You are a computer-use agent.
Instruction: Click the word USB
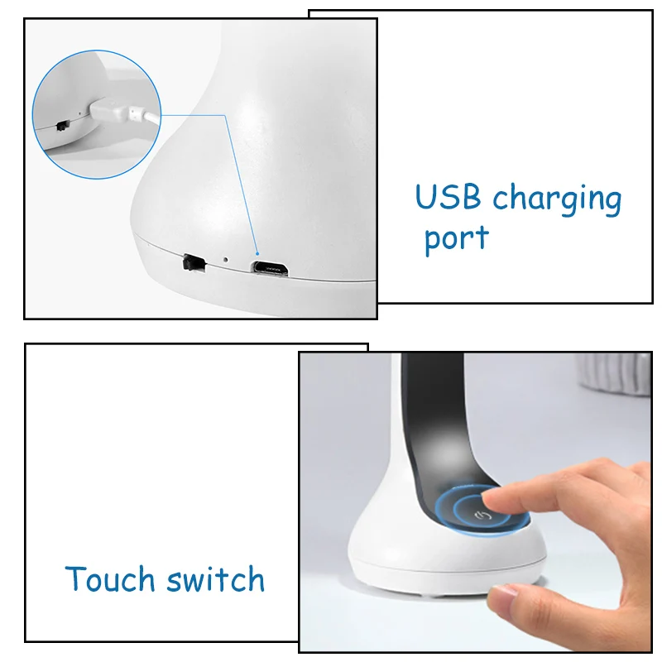(448, 196)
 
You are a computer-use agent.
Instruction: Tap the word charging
(557, 199)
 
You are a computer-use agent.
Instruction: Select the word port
(456, 240)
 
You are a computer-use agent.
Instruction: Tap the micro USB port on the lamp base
(271, 268)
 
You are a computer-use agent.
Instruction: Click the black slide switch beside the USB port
(194, 262)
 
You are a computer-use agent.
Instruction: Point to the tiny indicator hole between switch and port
(226, 260)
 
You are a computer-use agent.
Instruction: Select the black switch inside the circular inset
(63, 126)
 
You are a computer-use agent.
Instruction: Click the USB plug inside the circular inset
(108, 109)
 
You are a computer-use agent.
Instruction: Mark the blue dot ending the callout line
(257, 254)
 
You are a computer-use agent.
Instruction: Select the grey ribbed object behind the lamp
(614, 374)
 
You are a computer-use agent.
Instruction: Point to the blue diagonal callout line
(241, 184)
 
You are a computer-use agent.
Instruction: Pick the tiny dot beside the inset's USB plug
(80, 113)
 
